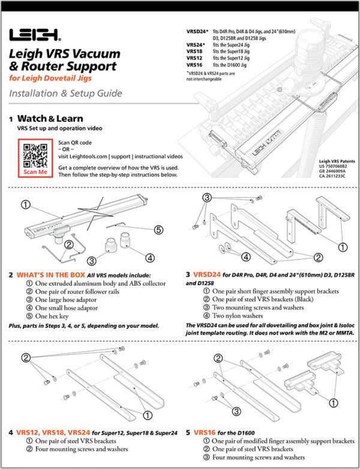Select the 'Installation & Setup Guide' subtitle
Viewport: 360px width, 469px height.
[65, 93]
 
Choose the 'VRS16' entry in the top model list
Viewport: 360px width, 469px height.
[196, 64]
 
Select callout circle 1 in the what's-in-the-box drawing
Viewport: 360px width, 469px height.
[25, 204]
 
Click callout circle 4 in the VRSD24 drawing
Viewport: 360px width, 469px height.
[245, 256]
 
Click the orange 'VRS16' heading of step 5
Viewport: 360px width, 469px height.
[207, 431]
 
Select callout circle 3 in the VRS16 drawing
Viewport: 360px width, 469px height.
[236, 411]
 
